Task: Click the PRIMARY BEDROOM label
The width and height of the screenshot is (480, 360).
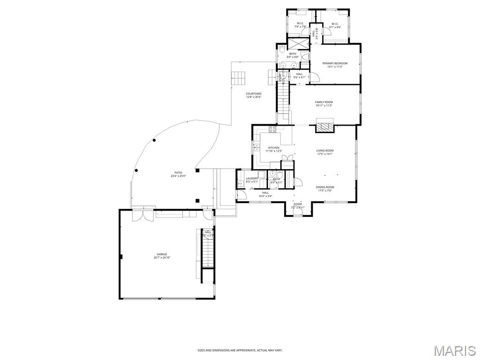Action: click(335, 63)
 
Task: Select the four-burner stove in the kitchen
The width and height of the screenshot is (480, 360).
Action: click(272, 129)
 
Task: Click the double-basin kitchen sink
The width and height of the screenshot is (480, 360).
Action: click(257, 148)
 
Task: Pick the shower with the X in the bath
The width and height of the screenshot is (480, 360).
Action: click(298, 43)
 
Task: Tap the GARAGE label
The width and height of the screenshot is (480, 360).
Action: click(162, 254)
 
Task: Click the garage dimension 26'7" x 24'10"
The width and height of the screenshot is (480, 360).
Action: click(162, 258)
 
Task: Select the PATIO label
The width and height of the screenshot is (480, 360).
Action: click(178, 172)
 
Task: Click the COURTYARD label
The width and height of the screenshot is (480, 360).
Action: click(254, 94)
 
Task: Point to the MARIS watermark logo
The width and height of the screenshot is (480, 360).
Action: click(455, 351)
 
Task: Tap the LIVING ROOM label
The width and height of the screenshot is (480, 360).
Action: click(325, 150)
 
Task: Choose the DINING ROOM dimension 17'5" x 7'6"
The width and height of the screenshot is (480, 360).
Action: click(325, 191)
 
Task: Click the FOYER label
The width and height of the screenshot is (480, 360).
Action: click(298, 204)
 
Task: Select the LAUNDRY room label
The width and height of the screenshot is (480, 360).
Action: click(252, 178)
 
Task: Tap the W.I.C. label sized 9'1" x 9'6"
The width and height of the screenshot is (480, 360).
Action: click(335, 24)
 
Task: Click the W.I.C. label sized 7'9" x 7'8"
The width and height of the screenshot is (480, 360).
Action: click(300, 24)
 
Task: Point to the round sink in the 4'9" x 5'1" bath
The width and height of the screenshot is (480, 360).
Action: click(273, 173)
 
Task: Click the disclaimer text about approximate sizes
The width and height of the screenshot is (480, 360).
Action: click(240, 350)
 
